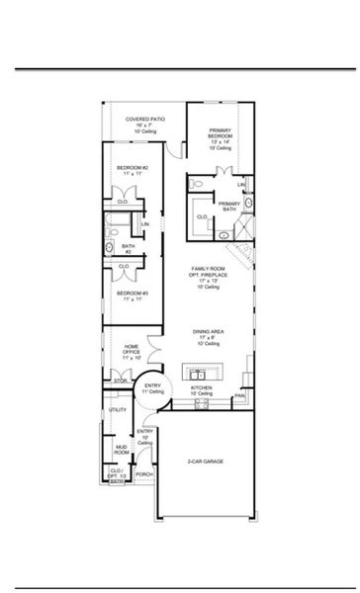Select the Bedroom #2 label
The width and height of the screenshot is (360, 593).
tap(132, 169)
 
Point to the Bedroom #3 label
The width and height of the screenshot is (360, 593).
tap(132, 296)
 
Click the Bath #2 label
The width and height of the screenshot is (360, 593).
tap(129, 248)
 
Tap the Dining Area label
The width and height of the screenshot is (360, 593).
tap(208, 336)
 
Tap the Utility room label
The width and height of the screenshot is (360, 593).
tap(117, 409)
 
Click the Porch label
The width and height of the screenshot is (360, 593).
tap(144, 473)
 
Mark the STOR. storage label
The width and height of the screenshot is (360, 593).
tap(121, 379)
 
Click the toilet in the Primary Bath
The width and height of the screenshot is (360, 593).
tap(200, 186)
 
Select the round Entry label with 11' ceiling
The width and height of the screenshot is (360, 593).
tap(153, 388)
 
